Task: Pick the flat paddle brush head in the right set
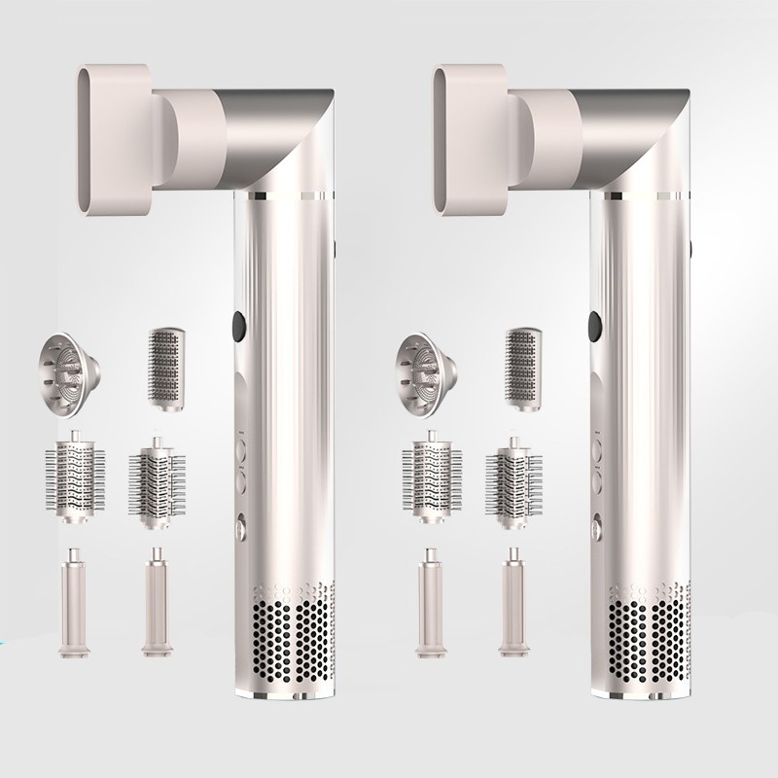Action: pyautogui.click(x=521, y=359)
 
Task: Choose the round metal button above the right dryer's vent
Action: pyautogui.click(x=595, y=531)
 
